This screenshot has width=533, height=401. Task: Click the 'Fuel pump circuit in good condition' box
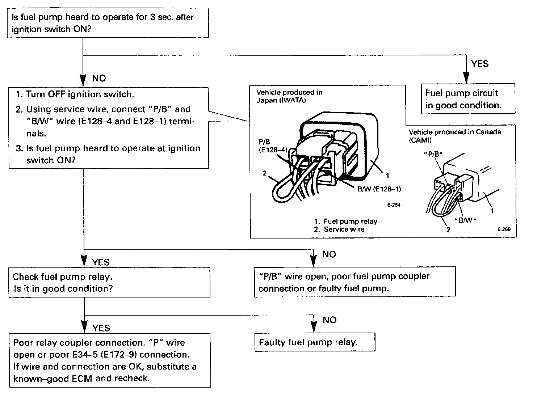(x=468, y=99)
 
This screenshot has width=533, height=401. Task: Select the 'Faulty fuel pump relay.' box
(x=314, y=342)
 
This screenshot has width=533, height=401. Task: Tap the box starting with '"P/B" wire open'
(x=354, y=282)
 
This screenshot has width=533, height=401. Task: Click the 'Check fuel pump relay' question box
(x=109, y=283)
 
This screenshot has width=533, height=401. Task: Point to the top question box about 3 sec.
(x=108, y=23)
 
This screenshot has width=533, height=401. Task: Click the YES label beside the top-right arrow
(x=480, y=64)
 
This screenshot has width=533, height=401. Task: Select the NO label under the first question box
(x=99, y=79)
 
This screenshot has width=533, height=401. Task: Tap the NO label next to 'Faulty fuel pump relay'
(x=330, y=320)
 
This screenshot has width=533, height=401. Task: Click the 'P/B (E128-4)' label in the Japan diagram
(x=273, y=146)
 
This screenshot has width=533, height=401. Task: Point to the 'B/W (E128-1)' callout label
(x=379, y=189)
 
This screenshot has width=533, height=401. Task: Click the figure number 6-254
(x=394, y=205)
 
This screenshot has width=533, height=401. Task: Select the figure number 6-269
(x=504, y=229)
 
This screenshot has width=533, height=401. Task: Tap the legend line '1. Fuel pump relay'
(x=345, y=221)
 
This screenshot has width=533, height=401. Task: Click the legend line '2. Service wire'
(x=339, y=229)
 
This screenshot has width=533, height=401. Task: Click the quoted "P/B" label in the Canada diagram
(x=433, y=154)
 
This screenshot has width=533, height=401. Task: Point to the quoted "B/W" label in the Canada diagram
(x=465, y=220)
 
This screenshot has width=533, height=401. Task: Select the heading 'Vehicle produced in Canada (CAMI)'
(x=455, y=136)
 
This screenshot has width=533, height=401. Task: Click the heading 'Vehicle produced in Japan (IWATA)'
(x=289, y=96)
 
